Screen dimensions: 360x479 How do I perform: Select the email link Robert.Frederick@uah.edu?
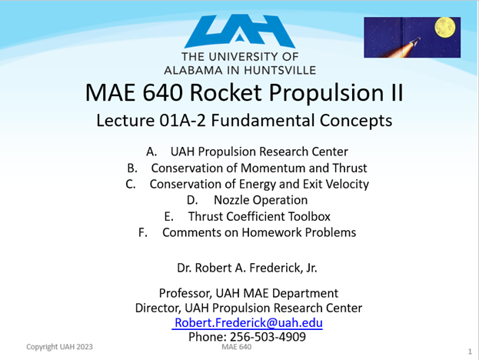(248, 322)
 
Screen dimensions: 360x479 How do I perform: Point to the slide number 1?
(469, 351)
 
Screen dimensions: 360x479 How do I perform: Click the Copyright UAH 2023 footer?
(59, 347)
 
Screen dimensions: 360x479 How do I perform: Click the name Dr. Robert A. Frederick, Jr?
(248, 268)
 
